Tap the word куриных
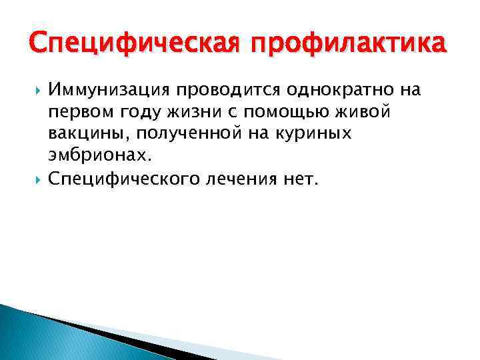click(315, 134)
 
